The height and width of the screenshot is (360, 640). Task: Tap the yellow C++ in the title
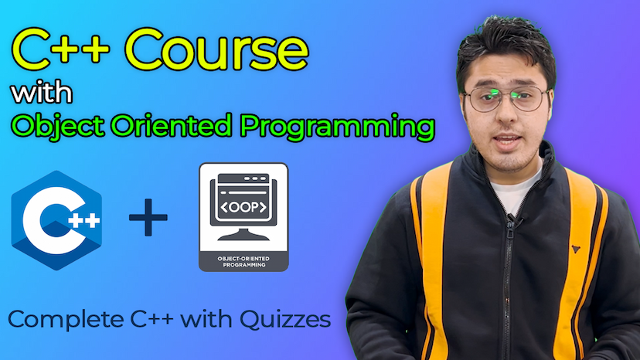[61, 49]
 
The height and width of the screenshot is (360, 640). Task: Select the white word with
[42, 93]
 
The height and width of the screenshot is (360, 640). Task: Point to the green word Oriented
[172, 125]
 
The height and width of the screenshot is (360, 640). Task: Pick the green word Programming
[337, 127]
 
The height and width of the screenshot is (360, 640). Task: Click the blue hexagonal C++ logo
[56, 220]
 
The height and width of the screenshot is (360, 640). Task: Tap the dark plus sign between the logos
[148, 218]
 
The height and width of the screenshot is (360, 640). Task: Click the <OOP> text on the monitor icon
[243, 207]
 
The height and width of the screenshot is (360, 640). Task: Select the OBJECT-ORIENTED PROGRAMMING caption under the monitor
[243, 262]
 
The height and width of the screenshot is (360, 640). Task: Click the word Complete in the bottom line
[66, 320]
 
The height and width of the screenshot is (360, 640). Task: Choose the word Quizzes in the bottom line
[285, 320]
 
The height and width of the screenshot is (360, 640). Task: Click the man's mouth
[507, 141]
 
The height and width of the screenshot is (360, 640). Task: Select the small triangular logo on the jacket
[576, 249]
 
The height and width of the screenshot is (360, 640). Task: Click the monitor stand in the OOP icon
[243, 234]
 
